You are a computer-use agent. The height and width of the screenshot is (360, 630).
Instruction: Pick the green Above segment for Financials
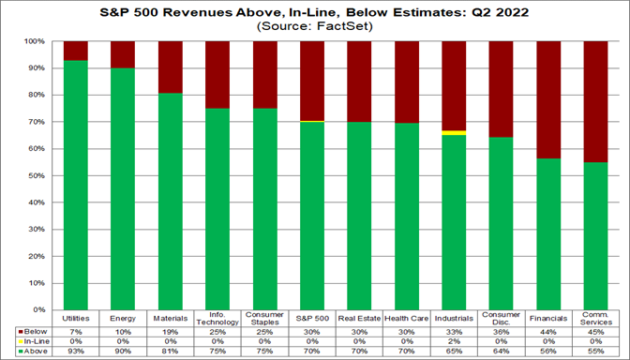[x=548, y=233]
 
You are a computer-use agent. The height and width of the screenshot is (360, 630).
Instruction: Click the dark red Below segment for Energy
[x=123, y=54]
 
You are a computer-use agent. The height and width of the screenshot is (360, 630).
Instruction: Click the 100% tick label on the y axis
[x=35, y=42]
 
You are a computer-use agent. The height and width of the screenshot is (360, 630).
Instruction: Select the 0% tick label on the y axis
[x=38, y=308]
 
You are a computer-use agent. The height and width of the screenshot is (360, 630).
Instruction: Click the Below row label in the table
[x=33, y=331]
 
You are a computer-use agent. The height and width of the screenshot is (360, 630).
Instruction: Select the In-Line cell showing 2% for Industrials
[x=454, y=340]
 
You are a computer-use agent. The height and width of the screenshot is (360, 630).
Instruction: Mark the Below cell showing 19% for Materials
[x=171, y=331]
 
